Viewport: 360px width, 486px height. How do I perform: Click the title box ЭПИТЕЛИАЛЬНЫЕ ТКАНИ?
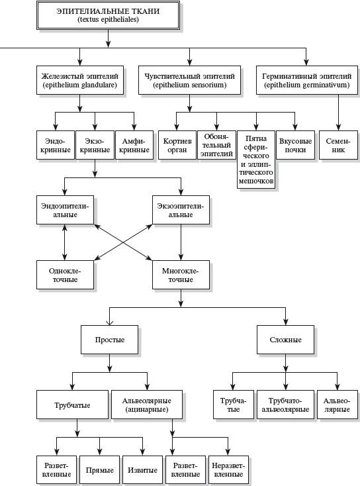coord(108,15)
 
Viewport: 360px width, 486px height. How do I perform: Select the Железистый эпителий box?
coord(80,80)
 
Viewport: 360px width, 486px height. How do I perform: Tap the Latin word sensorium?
coord(208,85)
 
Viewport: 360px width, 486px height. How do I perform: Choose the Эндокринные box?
coord(56,145)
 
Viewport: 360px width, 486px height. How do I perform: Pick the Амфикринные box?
coord(134,145)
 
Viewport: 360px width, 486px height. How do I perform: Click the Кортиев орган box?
coord(177,145)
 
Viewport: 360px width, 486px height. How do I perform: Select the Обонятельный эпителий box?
coord(216,145)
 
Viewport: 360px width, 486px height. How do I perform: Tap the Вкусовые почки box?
coord(295,145)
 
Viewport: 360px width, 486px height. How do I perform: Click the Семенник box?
coord(338,145)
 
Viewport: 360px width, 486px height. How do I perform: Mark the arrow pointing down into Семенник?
coord(338,113)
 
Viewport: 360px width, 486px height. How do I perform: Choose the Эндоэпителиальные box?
coord(65,210)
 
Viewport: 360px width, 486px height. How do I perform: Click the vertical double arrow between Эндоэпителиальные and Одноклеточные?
coord(64,242)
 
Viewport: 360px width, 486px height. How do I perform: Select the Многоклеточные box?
coord(181,275)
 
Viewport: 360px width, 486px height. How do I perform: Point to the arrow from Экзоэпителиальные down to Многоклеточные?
coord(181,242)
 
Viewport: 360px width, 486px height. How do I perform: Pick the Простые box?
coord(109,340)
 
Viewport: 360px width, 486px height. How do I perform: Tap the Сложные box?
coord(286,340)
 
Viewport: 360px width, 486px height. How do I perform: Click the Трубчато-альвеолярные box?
coord(286,405)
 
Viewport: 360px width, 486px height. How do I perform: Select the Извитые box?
coord(142,470)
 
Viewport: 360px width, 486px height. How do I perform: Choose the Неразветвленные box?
coord(229,470)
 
